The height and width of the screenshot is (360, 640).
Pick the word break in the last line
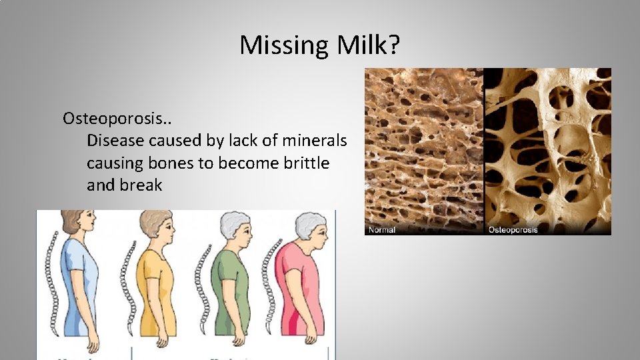click(x=141, y=185)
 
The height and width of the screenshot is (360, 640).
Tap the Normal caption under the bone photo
click(x=381, y=230)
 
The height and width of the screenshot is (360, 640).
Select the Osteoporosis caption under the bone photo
click(x=513, y=230)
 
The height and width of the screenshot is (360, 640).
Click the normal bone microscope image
click(x=424, y=147)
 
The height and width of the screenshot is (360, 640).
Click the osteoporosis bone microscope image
click(x=547, y=147)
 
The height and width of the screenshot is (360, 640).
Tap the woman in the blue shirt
click(x=81, y=280)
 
